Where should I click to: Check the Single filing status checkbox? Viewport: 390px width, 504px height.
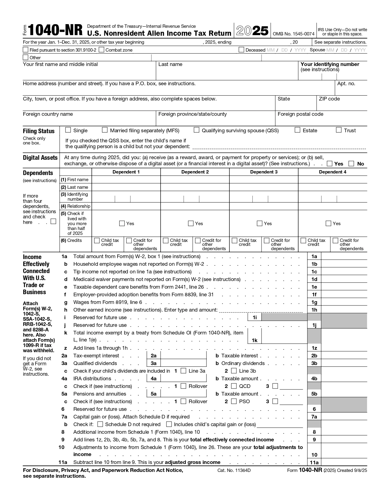[68, 130]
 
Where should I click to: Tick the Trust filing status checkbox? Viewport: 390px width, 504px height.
[339, 130]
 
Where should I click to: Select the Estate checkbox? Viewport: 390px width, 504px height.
[297, 130]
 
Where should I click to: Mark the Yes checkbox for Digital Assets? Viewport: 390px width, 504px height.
[329, 164]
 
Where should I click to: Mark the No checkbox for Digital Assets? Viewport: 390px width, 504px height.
[351, 164]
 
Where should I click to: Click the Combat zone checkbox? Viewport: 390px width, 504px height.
[102, 50]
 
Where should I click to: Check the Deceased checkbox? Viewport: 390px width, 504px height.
[241, 50]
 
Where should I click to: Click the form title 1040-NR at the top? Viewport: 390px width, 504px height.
[55, 31]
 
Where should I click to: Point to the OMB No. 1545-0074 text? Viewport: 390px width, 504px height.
[293, 34]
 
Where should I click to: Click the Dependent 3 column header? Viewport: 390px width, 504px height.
[264, 172]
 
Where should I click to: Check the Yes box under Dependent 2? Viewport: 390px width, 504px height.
[191, 224]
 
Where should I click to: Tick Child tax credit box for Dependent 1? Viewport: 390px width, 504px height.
[97, 241]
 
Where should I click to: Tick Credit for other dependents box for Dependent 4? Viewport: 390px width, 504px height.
[336, 241]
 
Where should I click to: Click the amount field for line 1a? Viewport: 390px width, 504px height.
[344, 257]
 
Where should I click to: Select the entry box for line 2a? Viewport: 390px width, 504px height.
[183, 356]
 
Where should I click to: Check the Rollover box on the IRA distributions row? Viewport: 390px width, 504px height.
[183, 386]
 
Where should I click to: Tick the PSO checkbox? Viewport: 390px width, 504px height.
[234, 401]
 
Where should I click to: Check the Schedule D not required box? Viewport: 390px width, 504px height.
[100, 424]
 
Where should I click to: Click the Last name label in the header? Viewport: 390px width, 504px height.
[170, 64]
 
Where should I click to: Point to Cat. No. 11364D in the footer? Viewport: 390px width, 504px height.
[234, 470]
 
